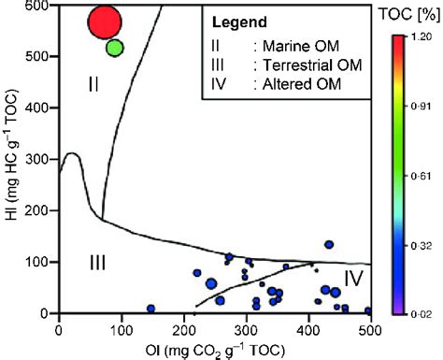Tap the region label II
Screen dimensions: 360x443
(93, 84)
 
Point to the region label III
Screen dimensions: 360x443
(97, 263)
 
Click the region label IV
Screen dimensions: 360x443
(354, 278)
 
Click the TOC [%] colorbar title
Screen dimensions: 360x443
(407, 16)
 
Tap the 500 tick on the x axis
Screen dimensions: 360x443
(370, 327)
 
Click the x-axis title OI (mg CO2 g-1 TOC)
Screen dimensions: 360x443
(214, 348)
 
